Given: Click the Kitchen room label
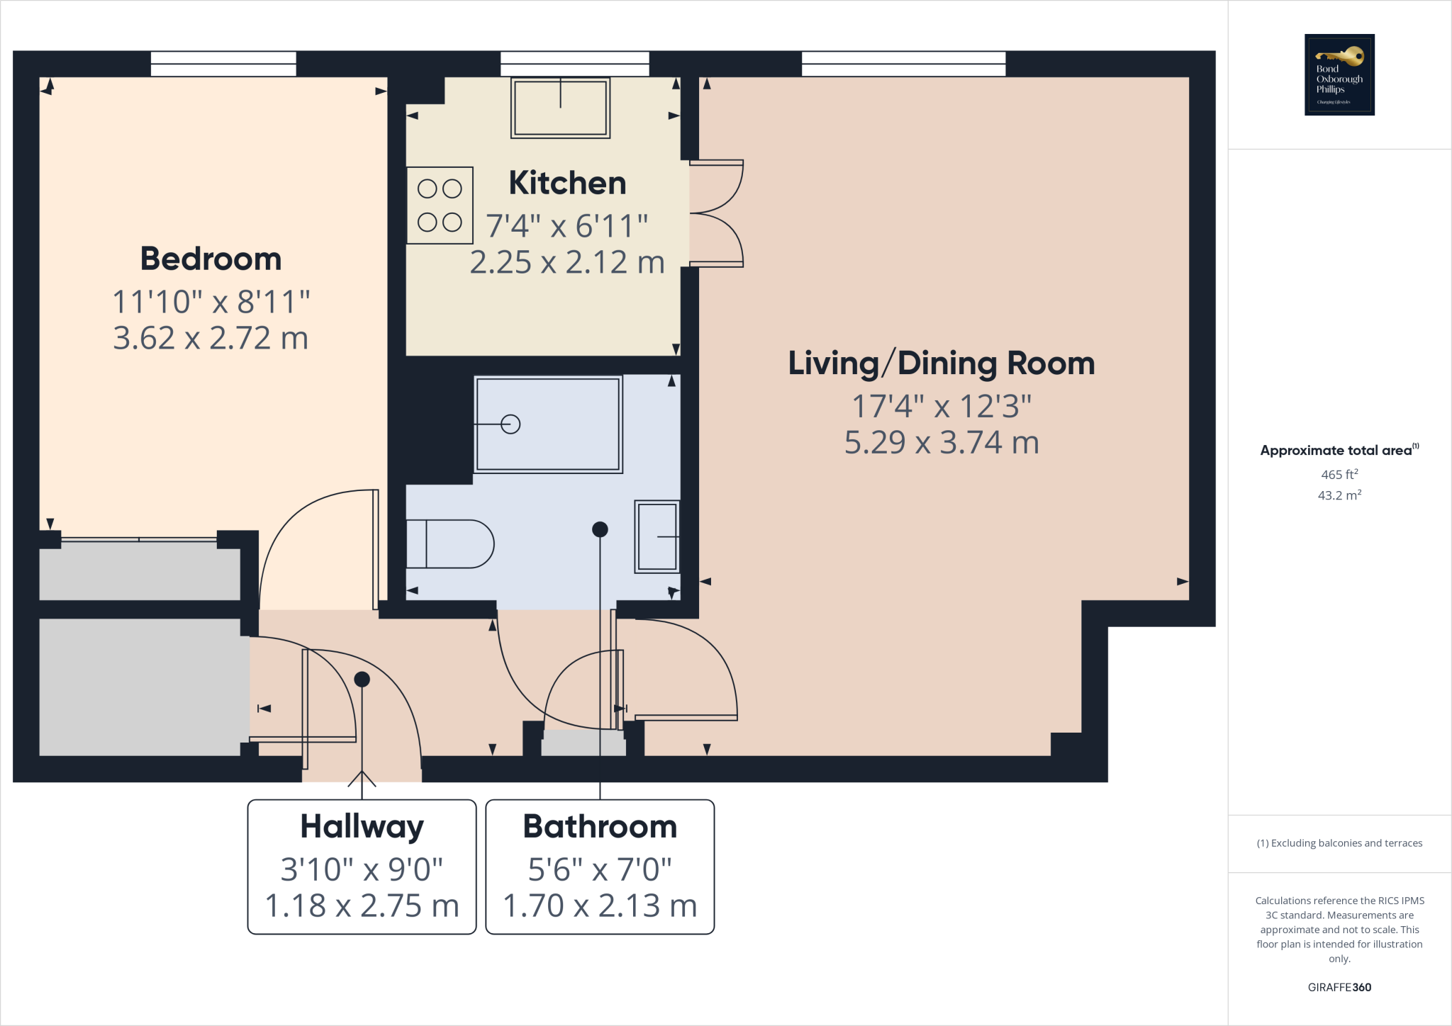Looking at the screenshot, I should (567, 184).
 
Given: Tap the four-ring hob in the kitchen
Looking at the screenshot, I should (440, 205).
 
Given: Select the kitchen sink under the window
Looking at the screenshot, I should (560, 108).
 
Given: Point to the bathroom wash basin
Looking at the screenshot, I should (657, 536).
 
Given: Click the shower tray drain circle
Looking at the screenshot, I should (510, 424).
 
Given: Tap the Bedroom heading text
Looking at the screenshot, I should (211, 259).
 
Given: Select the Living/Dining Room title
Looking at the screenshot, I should (942, 363).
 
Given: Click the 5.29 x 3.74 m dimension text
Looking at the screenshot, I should (942, 443).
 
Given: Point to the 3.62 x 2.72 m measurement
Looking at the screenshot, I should (211, 338).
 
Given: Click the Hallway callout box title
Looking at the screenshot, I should (362, 827).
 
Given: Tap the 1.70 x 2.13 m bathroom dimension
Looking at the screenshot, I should (600, 906).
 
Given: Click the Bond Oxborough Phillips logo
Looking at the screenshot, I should (1339, 74).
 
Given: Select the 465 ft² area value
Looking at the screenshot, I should (1339, 475).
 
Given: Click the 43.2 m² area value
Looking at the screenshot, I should (1339, 495).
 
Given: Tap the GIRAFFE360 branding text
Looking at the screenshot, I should (1339, 987).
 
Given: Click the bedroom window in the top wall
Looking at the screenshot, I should (223, 64).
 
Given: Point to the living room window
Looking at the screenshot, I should (903, 64).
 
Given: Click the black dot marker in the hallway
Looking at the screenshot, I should (362, 680).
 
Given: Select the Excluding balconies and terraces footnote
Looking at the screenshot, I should (1339, 843).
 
